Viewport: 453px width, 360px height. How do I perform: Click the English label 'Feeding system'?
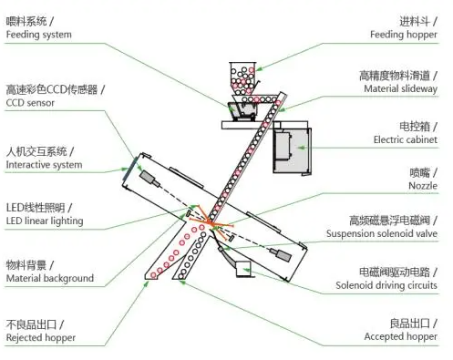[x=38, y=35]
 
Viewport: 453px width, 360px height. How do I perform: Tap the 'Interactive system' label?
[x=44, y=165]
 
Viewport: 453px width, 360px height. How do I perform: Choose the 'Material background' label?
[x=49, y=278]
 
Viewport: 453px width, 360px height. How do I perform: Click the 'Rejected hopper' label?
[x=40, y=338]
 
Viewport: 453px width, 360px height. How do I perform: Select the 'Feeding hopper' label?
[x=404, y=35]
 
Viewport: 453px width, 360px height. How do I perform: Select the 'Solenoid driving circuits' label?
[x=386, y=285]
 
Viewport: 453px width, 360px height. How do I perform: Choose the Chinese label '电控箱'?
[x=419, y=125]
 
